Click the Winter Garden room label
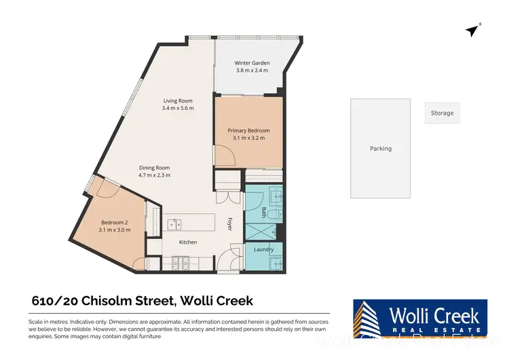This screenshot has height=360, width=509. tap(247, 61)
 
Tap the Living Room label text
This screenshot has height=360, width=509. tap(177, 101)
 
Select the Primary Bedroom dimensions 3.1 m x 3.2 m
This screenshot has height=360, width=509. tap(248, 138)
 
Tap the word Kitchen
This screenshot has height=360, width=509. tap(187, 242)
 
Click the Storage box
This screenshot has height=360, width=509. tap(442, 113)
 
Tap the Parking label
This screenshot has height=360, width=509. tap(380, 149)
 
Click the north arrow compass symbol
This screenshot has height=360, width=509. tap(473, 30)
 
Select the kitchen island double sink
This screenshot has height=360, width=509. tap(175, 223)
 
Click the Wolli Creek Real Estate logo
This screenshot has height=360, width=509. tap(419, 319)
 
